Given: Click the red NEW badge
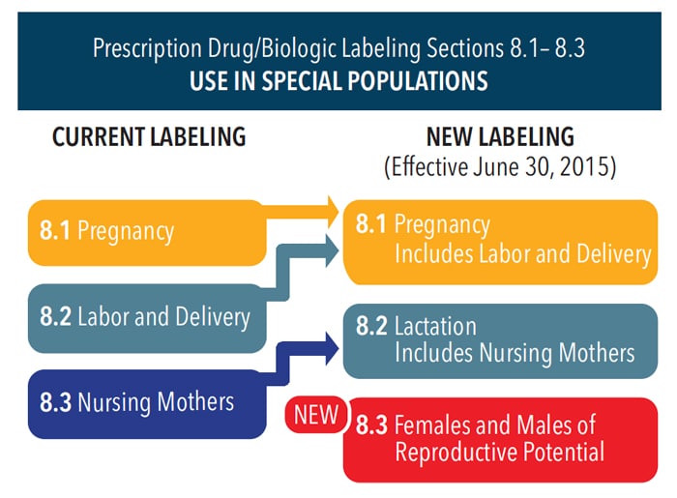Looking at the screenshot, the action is click(316, 415).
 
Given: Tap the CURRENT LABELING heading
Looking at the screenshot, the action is click(149, 136).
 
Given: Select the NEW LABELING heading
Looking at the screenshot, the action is click(500, 136).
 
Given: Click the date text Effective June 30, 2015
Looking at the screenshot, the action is click(500, 167).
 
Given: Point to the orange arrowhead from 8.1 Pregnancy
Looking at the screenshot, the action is click(333, 212).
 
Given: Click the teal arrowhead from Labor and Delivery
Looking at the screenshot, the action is click(333, 250).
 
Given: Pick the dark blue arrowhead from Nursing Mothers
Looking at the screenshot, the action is click(333, 348).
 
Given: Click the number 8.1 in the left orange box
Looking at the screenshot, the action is click(55, 229).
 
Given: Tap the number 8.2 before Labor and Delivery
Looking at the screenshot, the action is click(55, 316).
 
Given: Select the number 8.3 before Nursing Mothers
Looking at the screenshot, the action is click(55, 402).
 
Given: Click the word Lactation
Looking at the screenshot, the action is click(435, 326).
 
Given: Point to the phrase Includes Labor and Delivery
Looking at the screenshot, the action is click(523, 253).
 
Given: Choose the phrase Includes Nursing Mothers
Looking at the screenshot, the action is click(515, 353).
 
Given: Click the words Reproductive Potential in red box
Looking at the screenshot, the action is click(500, 452).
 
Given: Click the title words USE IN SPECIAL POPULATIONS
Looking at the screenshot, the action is click(338, 80).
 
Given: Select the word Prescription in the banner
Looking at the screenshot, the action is click(147, 48).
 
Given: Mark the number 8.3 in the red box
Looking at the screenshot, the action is click(371, 425).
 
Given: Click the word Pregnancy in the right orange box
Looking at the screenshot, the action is click(443, 225).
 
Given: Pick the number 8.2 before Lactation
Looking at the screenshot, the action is click(371, 326).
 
